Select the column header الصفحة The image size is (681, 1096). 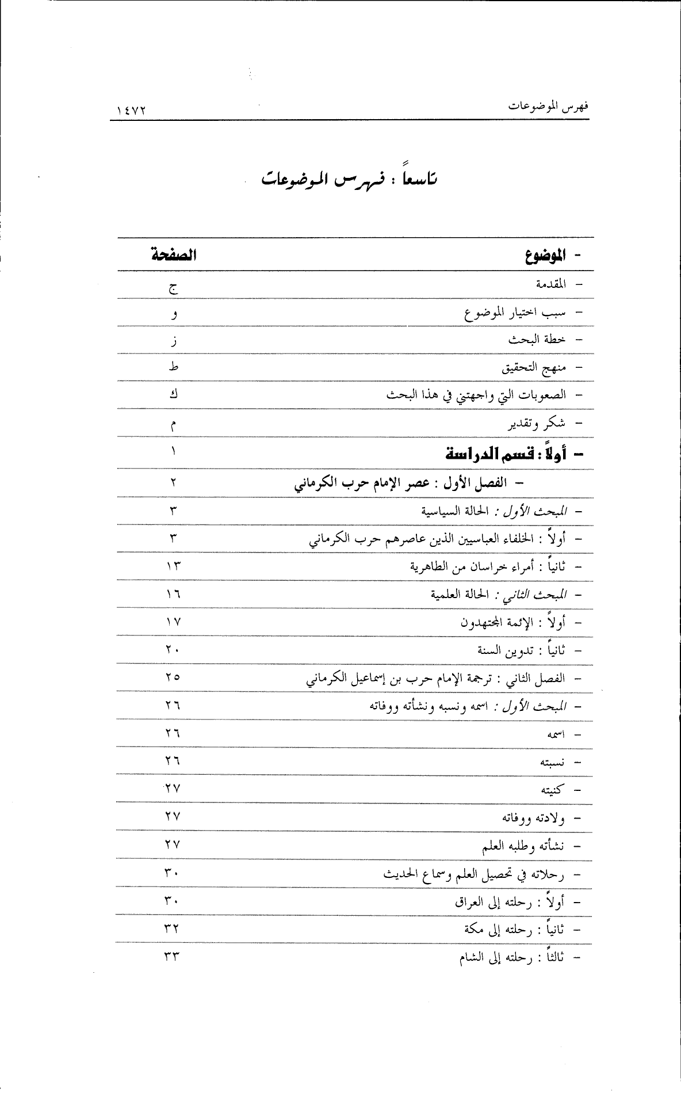pos(173,255)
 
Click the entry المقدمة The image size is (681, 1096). pos(550,284)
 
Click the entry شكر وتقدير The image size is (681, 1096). pos(536,424)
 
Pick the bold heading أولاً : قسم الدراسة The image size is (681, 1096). pos(506,454)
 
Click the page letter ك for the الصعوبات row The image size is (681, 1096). pos(173,395)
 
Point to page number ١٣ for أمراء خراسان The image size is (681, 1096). pos(173,566)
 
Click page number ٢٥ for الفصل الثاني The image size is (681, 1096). pos(173,678)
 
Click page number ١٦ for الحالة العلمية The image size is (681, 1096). pos(173,593)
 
